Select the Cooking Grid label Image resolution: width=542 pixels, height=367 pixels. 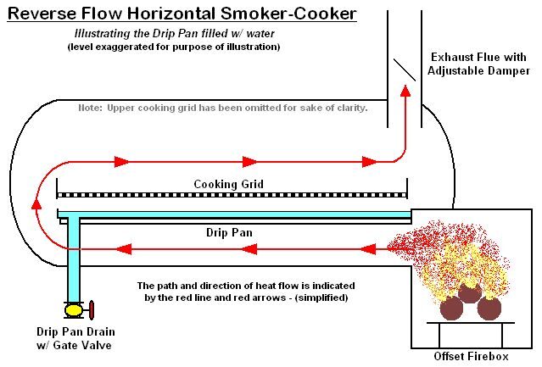[228, 184]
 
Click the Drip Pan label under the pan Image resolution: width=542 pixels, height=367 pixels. [228, 231]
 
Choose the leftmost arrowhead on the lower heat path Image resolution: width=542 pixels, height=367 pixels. [124, 249]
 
